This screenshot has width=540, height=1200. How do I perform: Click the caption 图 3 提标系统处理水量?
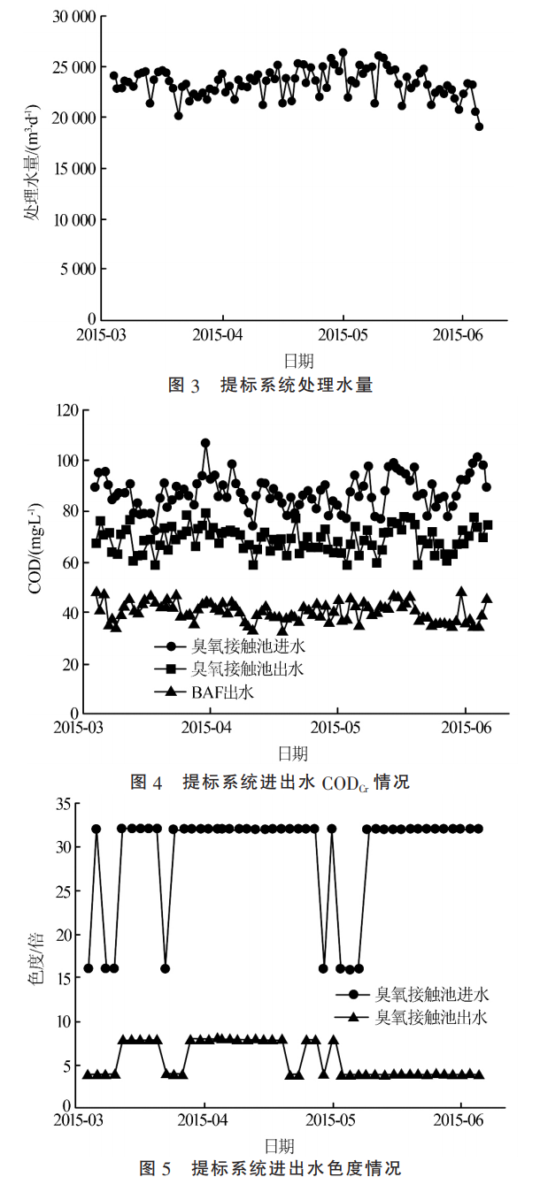(x=270, y=385)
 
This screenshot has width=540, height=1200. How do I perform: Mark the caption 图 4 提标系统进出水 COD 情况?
(x=270, y=782)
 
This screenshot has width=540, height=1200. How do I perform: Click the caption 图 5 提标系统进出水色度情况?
(x=270, y=1169)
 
